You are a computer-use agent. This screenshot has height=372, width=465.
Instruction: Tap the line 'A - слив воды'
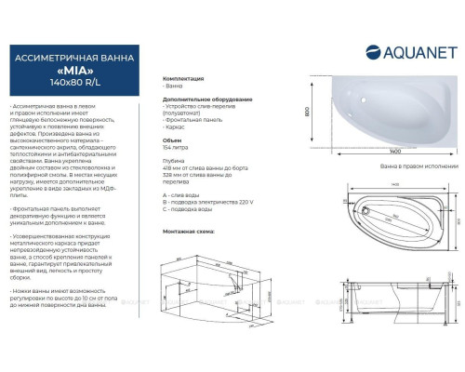pyautogui.click(x=180, y=191)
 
